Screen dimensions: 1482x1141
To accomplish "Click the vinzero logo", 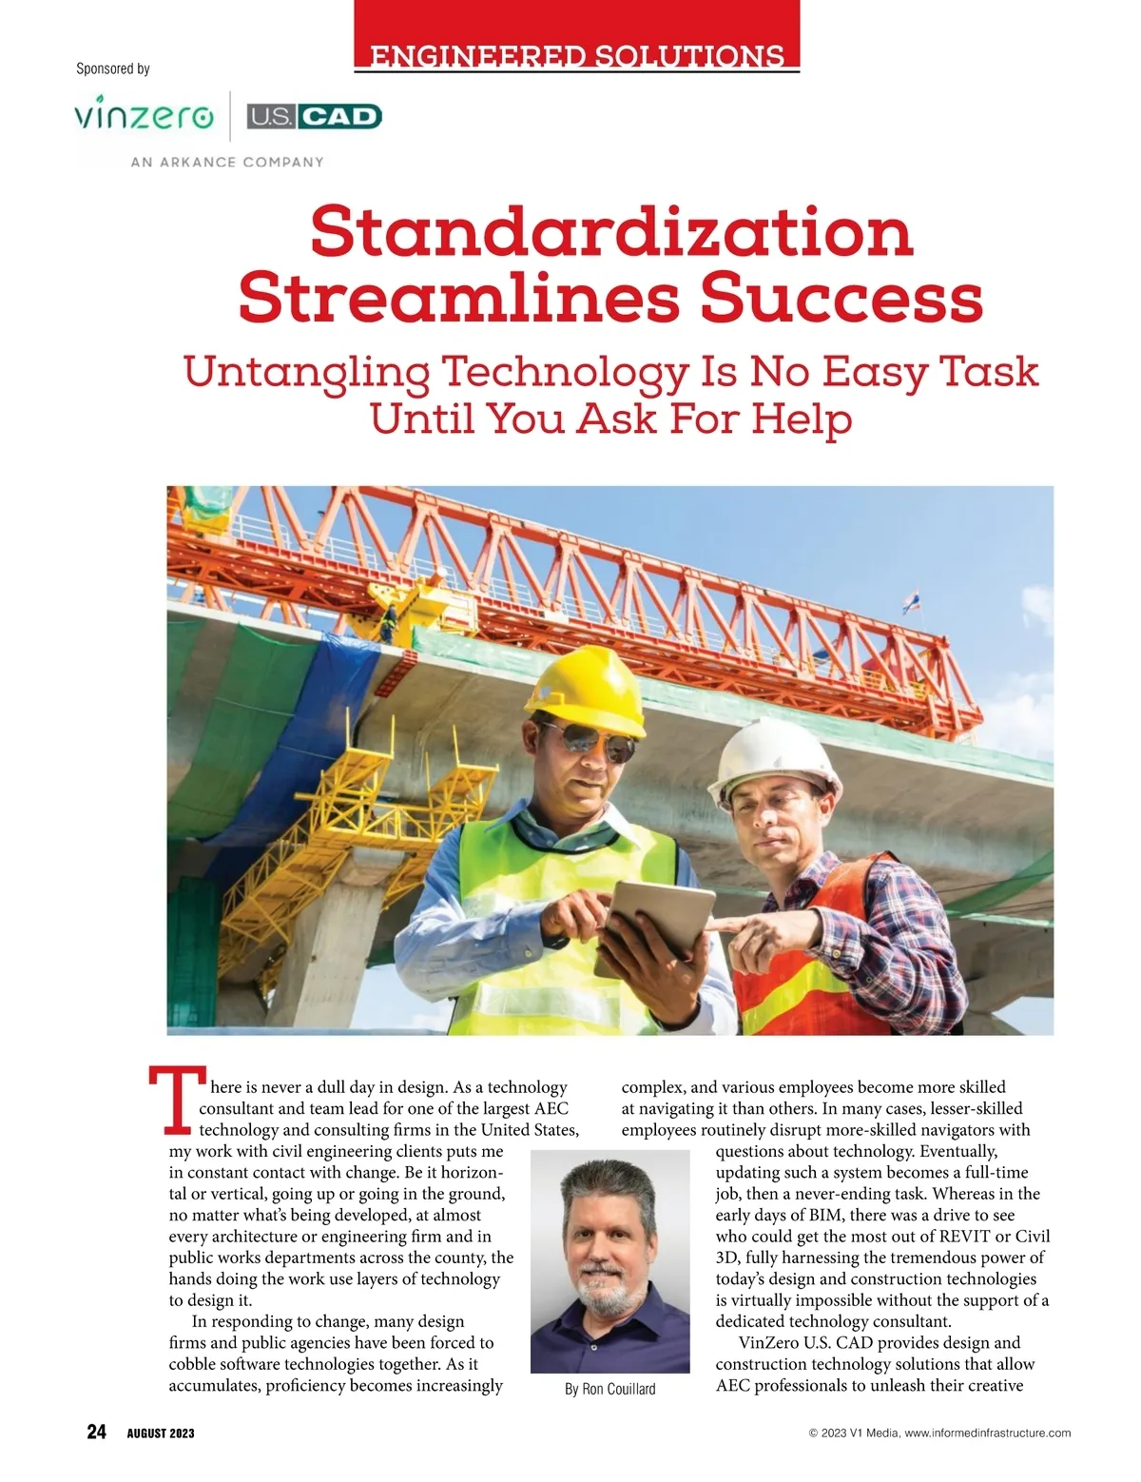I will pyautogui.click(x=144, y=116).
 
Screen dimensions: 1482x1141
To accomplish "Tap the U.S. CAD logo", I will pyautogui.click(x=314, y=116).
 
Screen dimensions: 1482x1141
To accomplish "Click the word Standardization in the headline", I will pyautogui.click(x=611, y=231).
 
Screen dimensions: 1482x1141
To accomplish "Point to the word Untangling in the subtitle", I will pyautogui.click(x=306, y=372).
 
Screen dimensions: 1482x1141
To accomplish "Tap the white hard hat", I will pyautogui.click(x=779, y=760).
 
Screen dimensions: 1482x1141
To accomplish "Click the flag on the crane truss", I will pyautogui.click(x=911, y=601).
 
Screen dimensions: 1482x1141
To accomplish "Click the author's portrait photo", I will pyautogui.click(x=609, y=1260).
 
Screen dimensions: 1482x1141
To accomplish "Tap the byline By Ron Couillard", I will pyautogui.click(x=609, y=1389).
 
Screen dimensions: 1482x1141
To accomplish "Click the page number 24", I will pyautogui.click(x=96, y=1433).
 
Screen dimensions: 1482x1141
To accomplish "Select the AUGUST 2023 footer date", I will pyautogui.click(x=161, y=1433).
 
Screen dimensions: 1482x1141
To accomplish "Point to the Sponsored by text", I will pyautogui.click(x=113, y=68).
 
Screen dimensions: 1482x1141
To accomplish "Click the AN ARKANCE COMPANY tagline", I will pyautogui.click(x=227, y=163).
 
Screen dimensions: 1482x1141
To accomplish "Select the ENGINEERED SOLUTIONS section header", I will pyautogui.click(x=576, y=55).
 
